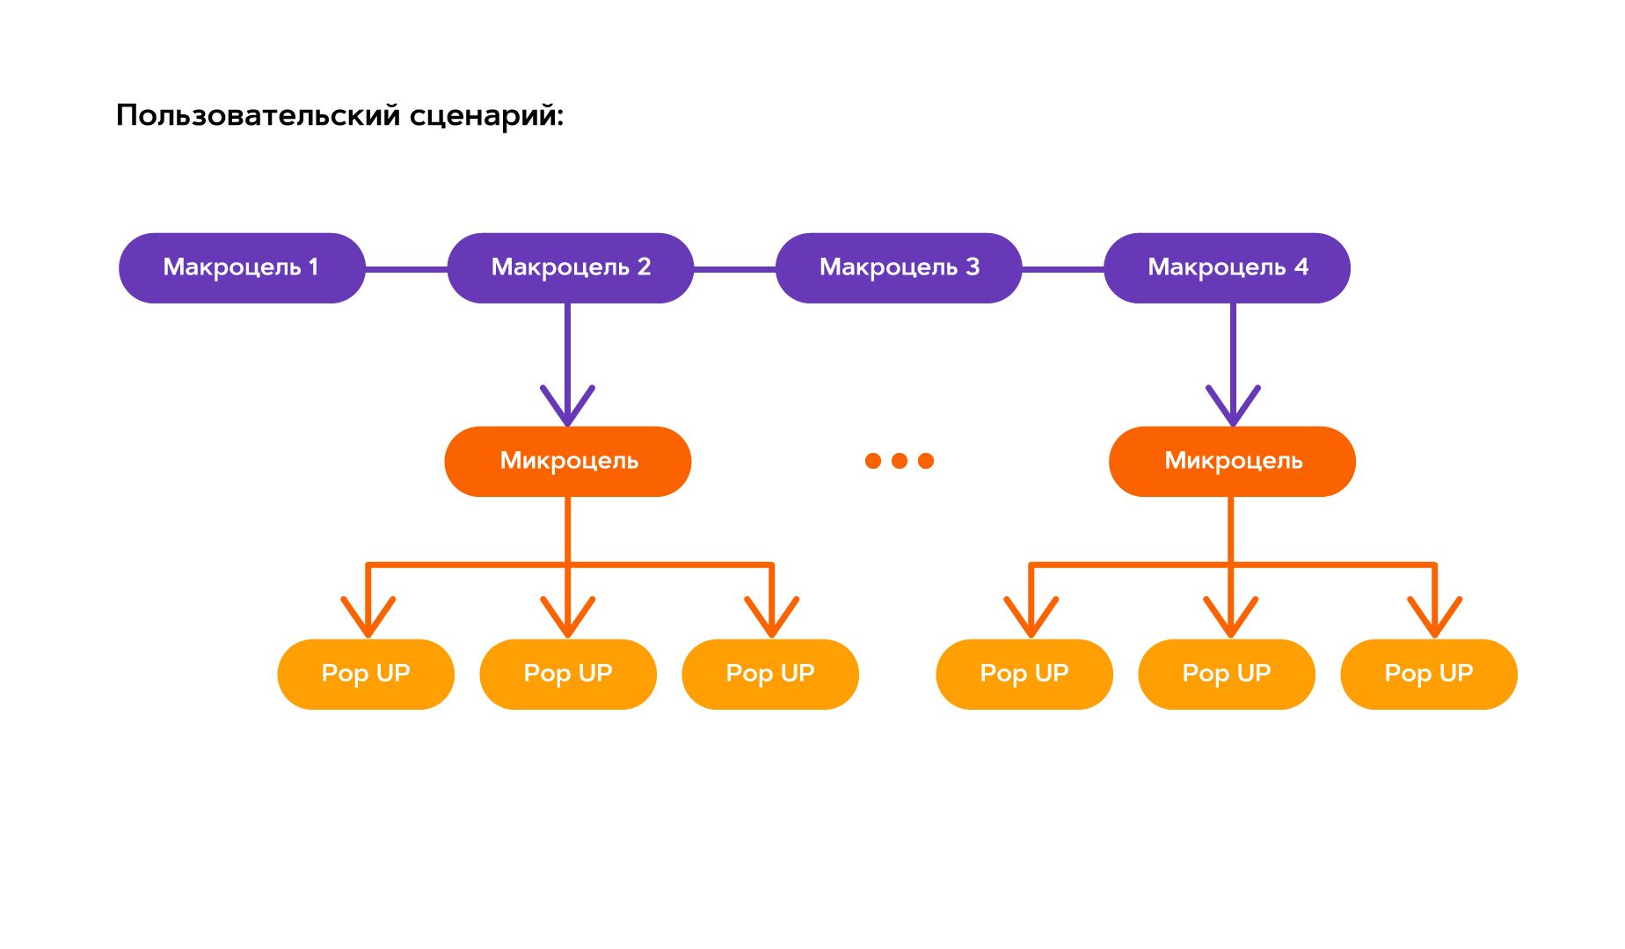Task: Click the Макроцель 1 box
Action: [x=242, y=268]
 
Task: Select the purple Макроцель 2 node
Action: [x=571, y=268]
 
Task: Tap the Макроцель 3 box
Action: [x=899, y=268]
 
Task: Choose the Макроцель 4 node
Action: [x=1227, y=268]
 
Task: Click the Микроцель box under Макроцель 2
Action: [x=568, y=462]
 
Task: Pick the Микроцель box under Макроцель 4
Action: [x=1232, y=462]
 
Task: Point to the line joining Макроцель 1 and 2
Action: [x=406, y=269]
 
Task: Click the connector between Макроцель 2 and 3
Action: [x=734, y=269]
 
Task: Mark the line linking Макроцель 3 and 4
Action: [x=1062, y=269]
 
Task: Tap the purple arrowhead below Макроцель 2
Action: [x=568, y=409]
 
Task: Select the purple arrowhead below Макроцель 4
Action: [x=1233, y=409]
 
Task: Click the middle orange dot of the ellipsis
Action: [x=900, y=461]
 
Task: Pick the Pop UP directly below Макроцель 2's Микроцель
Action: [x=568, y=675]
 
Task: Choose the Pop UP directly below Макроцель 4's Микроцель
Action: [x=1227, y=675]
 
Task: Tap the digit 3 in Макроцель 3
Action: [x=973, y=267]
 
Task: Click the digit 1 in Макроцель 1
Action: [x=314, y=267]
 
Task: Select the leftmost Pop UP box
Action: [x=366, y=675]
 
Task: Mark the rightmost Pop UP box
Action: [x=1429, y=675]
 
